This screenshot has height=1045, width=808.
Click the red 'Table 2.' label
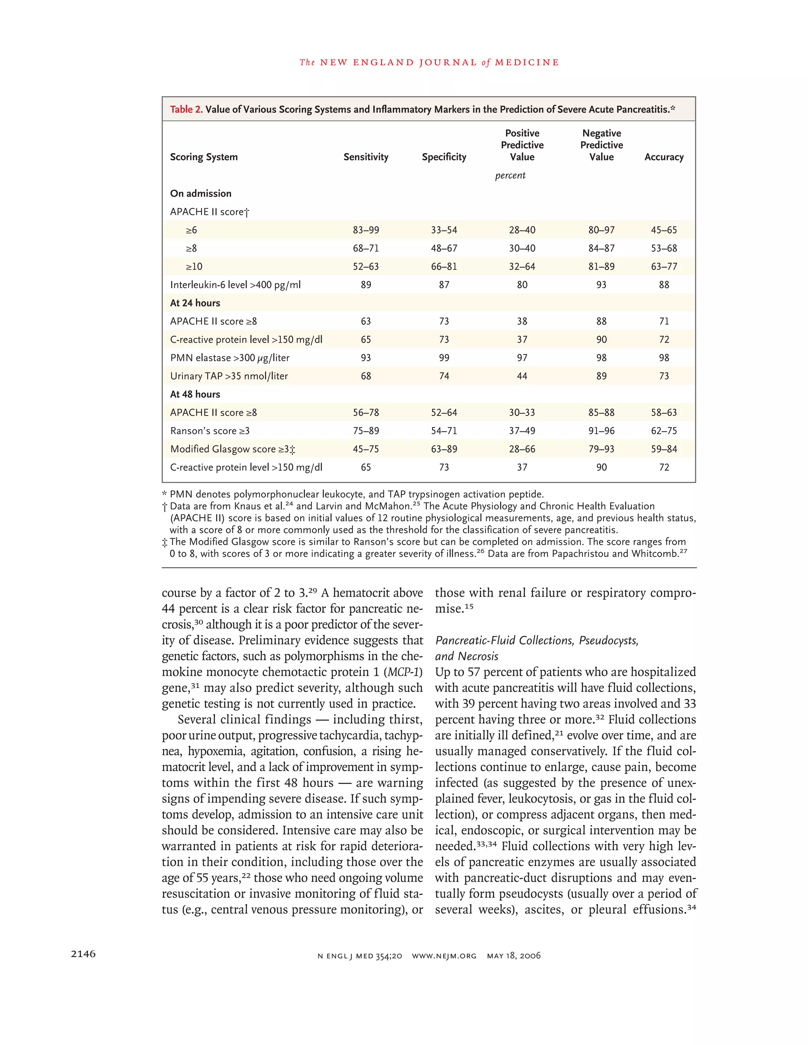point(186,109)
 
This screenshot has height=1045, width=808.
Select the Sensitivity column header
point(366,157)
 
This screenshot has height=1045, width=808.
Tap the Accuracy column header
point(664,157)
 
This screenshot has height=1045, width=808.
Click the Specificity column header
point(444,157)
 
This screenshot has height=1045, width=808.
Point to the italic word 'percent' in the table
point(510,175)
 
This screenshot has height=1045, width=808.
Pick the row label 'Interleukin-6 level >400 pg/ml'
point(235,285)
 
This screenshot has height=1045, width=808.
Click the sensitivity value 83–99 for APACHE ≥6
point(366,230)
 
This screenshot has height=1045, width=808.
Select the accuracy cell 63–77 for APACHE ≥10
point(664,267)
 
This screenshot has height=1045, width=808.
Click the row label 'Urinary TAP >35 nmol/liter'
point(229,376)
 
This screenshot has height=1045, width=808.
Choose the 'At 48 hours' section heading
point(195,394)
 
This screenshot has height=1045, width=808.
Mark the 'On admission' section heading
point(200,193)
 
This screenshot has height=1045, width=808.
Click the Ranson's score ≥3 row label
point(209,431)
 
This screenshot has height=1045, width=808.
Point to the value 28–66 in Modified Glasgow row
point(522,449)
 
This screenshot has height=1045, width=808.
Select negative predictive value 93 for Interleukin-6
point(601,285)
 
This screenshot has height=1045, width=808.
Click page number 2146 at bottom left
point(83,954)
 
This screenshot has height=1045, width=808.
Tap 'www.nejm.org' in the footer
point(444,956)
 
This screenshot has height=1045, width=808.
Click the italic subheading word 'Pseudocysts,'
point(608,640)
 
